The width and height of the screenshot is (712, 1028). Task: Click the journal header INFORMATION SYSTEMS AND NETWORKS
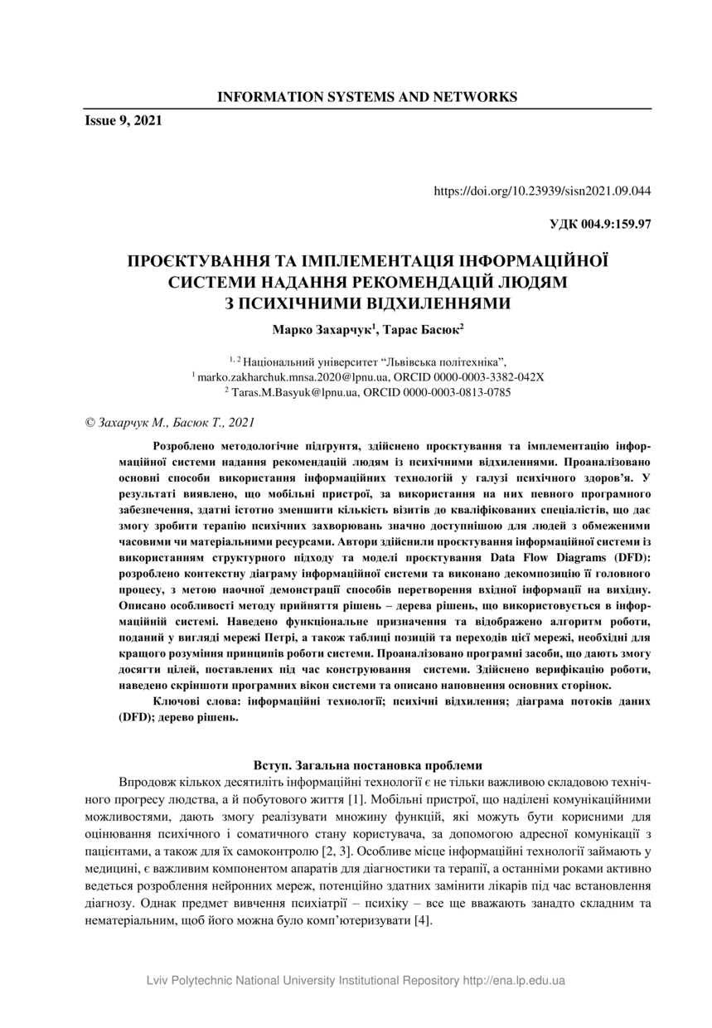pyautogui.click(x=366, y=97)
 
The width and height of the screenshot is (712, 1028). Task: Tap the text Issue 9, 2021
pyautogui.click(x=123, y=121)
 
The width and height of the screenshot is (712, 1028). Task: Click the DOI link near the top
pyautogui.click(x=542, y=191)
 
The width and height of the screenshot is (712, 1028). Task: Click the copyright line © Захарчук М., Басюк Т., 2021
pyautogui.click(x=169, y=423)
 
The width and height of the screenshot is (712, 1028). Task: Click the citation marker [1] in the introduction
pyautogui.click(x=356, y=800)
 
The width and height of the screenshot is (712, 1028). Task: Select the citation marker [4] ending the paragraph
pyautogui.click(x=422, y=923)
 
